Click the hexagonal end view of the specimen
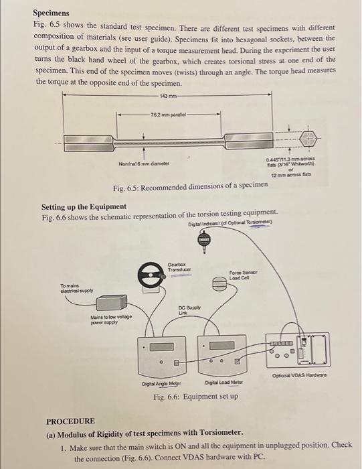pos(309,140)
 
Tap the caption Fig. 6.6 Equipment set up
pos(195,396)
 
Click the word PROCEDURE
pos(70,421)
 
